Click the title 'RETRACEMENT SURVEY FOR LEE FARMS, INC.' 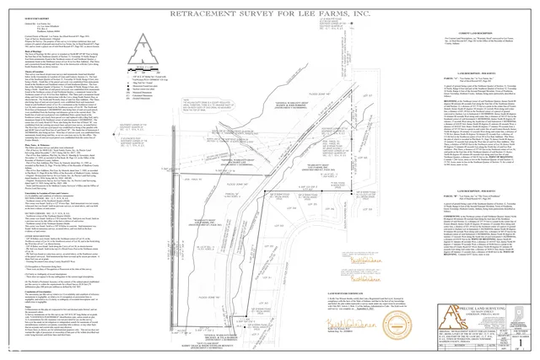point(269,15)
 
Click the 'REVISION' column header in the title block point(453,345)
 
